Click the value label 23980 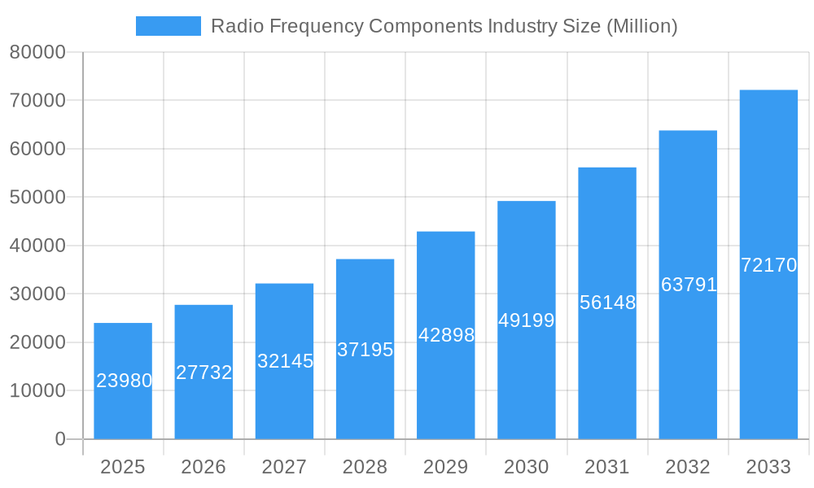tap(124, 381)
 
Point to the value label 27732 tap(203, 373)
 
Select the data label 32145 tap(285, 361)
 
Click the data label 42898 tap(446, 335)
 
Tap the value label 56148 tap(607, 303)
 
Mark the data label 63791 tap(689, 285)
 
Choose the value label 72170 tap(768, 265)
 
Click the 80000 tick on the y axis tap(37, 52)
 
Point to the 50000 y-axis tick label tap(37, 198)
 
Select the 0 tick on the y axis tap(59, 439)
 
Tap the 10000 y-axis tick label tap(37, 391)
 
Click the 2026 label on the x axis tap(203, 467)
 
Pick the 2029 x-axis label tap(446, 467)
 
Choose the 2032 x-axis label tap(688, 467)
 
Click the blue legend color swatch tap(168, 26)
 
